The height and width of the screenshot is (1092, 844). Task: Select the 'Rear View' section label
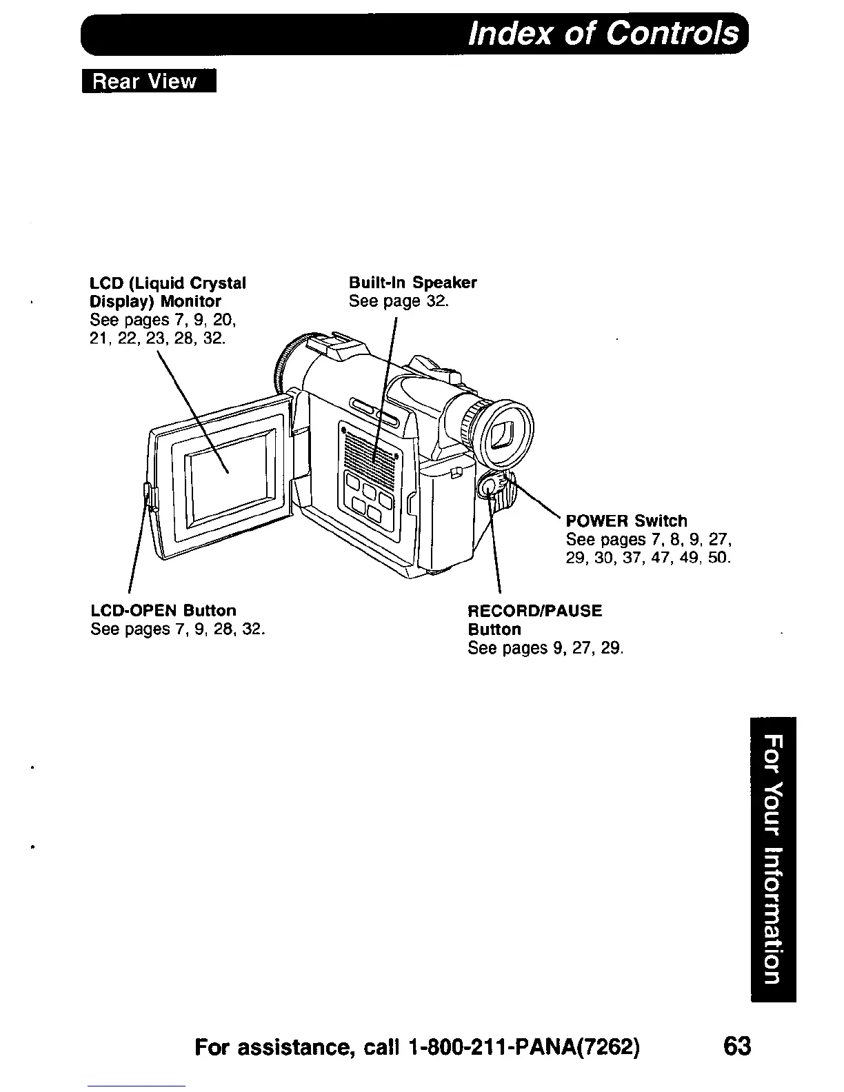click(145, 81)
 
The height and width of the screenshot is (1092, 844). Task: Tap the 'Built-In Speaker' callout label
click(412, 283)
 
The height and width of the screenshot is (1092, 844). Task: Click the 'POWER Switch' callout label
click(626, 520)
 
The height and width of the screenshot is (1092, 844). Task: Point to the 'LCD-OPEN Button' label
click(163, 610)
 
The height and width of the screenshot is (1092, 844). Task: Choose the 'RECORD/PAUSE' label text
click(534, 611)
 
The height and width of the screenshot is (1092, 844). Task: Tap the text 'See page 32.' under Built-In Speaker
click(399, 301)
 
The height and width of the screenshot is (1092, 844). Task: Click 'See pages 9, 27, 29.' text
click(545, 648)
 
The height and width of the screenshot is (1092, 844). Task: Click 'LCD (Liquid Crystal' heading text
click(168, 283)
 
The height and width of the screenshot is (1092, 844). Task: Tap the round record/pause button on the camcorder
click(489, 486)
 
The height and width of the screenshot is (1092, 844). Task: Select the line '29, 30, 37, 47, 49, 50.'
click(647, 557)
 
